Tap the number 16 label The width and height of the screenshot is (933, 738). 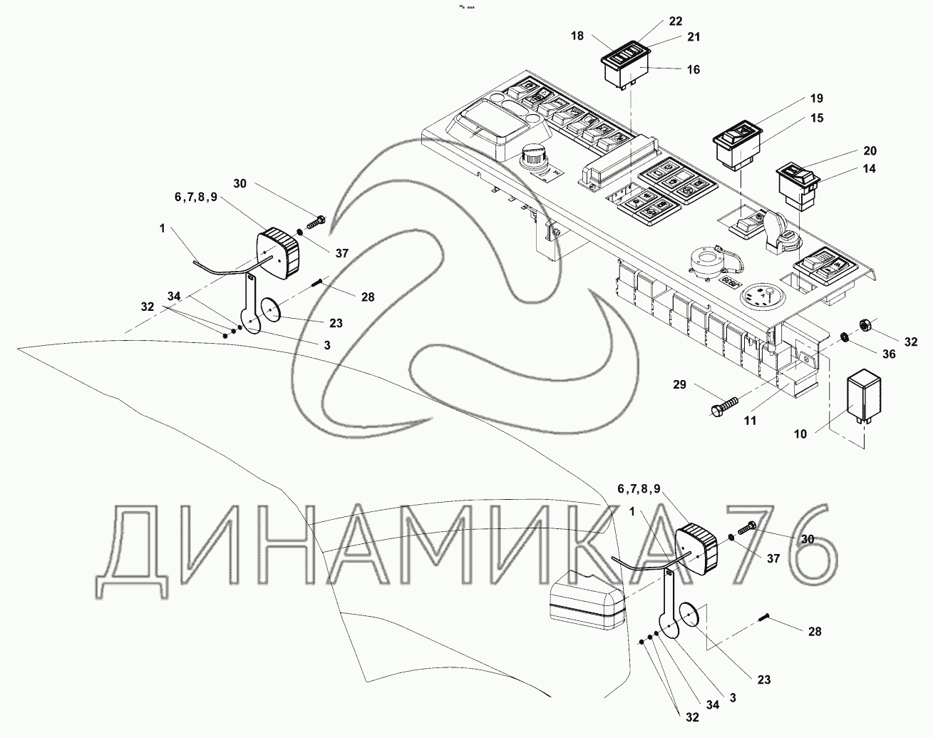coord(694,69)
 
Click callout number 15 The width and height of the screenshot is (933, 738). coord(817,118)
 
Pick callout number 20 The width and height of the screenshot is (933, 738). coord(870,151)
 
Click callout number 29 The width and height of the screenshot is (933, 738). coord(679,385)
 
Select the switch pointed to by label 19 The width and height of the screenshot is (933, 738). coord(738,146)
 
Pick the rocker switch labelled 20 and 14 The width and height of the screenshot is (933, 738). coord(799,185)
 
